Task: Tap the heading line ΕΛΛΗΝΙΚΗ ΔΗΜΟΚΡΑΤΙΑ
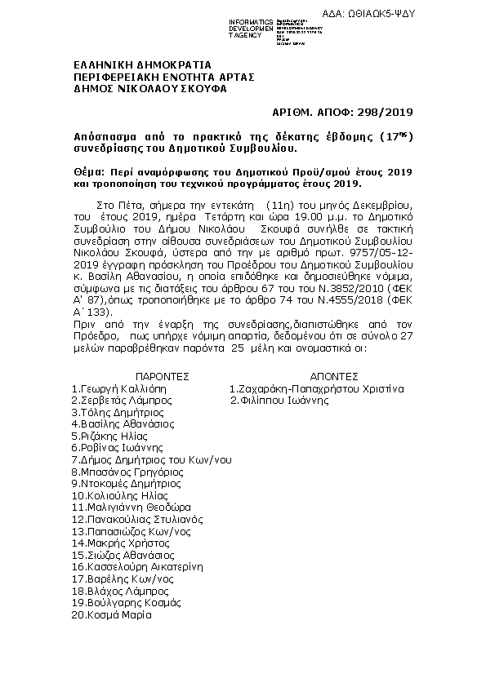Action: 142,64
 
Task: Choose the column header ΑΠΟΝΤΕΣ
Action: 332,377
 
